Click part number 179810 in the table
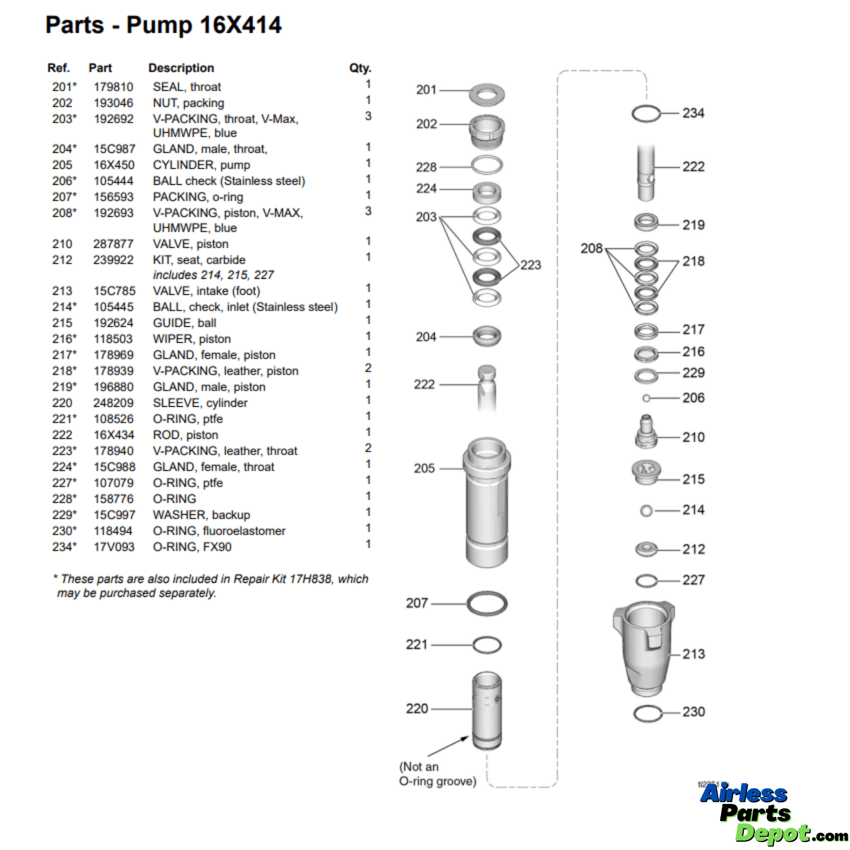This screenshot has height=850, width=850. [x=113, y=87]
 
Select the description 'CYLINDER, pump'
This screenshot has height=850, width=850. [x=201, y=165]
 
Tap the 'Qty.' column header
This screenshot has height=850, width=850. [x=360, y=68]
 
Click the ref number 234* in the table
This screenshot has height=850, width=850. [x=64, y=547]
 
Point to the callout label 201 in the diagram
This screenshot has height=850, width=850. [x=426, y=90]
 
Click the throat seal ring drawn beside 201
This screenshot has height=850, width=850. [x=486, y=95]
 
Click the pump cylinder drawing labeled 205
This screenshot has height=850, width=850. [x=486, y=501]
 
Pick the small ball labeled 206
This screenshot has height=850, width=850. [x=646, y=398]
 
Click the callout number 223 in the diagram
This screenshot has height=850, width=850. [x=530, y=265]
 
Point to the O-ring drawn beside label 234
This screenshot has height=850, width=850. [x=646, y=114]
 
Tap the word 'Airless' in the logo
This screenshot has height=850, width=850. [x=743, y=794]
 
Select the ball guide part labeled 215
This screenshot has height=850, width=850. [x=646, y=472]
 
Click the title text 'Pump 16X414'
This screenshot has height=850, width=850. [x=204, y=25]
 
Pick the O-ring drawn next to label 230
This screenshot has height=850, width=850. [x=647, y=713]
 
